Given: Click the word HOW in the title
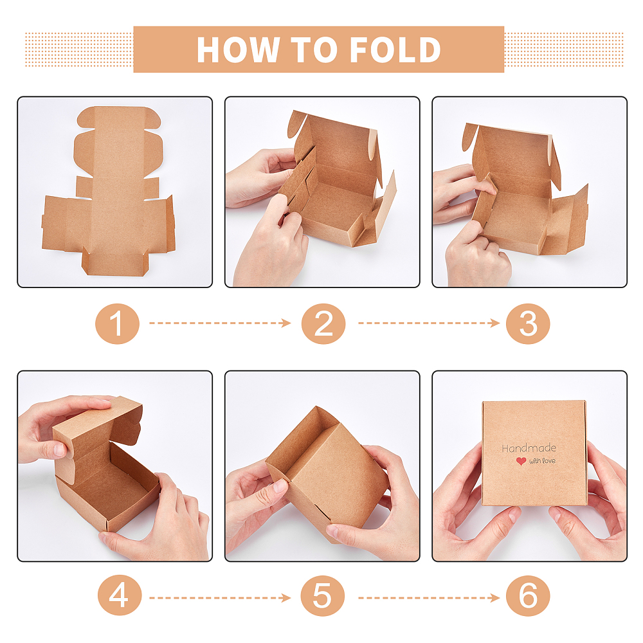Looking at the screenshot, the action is [238, 50].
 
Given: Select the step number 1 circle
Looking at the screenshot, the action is [117, 323].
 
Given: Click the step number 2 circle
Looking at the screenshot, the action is [323, 323].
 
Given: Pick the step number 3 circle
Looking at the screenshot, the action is [528, 323].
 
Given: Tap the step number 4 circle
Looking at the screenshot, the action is [120, 595].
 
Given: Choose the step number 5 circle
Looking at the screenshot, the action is [322, 595].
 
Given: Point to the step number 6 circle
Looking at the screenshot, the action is [528, 595].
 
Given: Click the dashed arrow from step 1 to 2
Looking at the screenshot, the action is [220, 323].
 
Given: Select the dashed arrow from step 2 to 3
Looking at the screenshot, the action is [429, 323].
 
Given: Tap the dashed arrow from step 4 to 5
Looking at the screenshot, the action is [220, 598].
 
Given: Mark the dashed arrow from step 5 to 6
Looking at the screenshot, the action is [429, 598].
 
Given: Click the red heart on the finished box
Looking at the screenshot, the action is [521, 461].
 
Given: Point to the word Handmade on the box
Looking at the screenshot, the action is [529, 448].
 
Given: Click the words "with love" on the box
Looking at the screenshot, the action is [542, 461].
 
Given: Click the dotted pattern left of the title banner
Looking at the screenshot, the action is [79, 50].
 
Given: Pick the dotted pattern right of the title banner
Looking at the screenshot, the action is [563, 50].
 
